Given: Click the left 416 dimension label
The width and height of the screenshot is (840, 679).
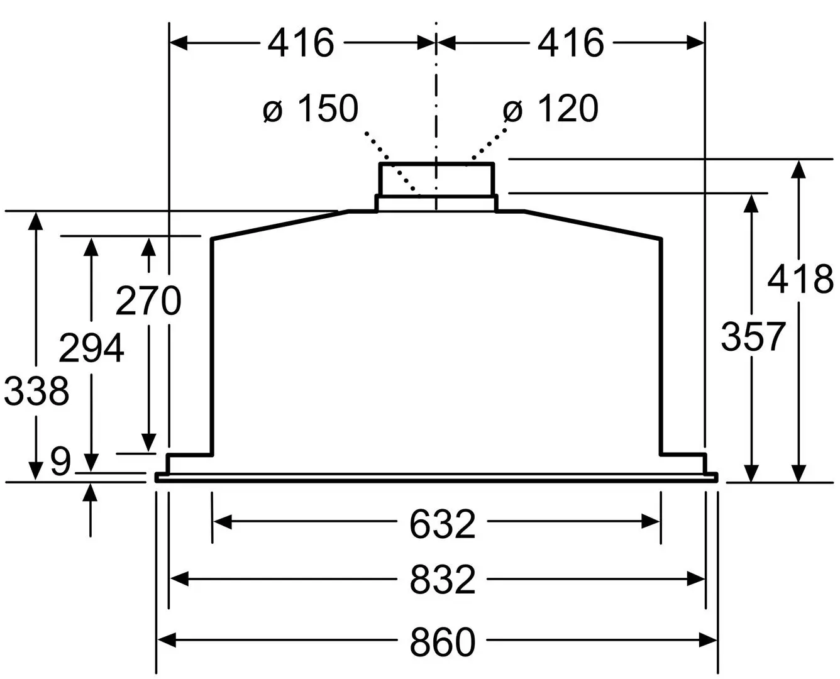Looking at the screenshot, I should (x=301, y=43).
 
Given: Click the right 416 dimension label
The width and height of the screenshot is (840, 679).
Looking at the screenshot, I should (x=570, y=43).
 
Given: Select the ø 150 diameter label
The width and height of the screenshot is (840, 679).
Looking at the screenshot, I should (x=311, y=109).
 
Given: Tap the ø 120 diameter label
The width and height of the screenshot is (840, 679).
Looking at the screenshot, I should (x=551, y=109).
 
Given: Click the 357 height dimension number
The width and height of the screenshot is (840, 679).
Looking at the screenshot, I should (x=753, y=336).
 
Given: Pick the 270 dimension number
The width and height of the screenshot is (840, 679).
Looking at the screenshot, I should (x=148, y=301).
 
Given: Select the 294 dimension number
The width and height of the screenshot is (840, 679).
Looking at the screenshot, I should (x=91, y=348).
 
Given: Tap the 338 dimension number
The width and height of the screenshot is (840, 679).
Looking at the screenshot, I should (x=36, y=390).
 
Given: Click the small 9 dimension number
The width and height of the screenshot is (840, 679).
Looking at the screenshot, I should (x=60, y=463).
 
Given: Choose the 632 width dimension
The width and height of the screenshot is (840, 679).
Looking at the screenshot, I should (x=442, y=523).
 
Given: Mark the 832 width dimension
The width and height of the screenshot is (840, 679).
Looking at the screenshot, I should (x=442, y=580).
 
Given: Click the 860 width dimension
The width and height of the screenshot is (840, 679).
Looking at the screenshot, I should (x=442, y=642).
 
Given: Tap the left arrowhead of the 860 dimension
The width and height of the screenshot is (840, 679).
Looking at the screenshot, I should (x=165, y=641).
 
